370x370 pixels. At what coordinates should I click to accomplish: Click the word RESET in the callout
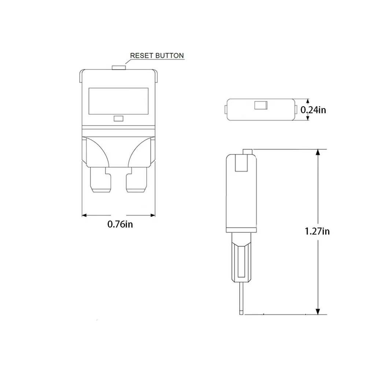tap(140, 56)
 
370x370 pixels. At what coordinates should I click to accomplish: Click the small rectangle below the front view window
tap(118, 118)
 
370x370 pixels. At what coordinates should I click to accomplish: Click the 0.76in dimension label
tap(120, 224)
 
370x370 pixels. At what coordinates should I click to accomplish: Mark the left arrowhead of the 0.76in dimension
tap(84, 215)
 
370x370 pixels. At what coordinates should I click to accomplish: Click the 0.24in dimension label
tap(313, 110)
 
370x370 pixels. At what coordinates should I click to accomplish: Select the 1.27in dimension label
tap(317, 231)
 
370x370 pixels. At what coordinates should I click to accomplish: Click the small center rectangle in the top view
tap(260, 106)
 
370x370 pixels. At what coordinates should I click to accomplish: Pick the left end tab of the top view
tap(226, 109)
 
